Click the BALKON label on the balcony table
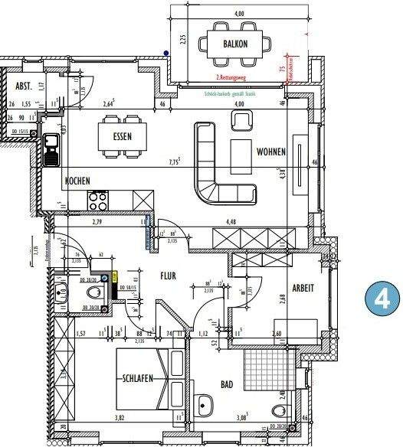pos(235,44)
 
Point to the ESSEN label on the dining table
pos(121,138)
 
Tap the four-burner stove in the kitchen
pos(99,201)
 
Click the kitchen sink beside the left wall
pos(52,150)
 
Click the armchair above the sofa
pos(244,119)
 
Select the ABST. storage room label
pos(25,86)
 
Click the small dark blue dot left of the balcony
pos(166,53)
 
